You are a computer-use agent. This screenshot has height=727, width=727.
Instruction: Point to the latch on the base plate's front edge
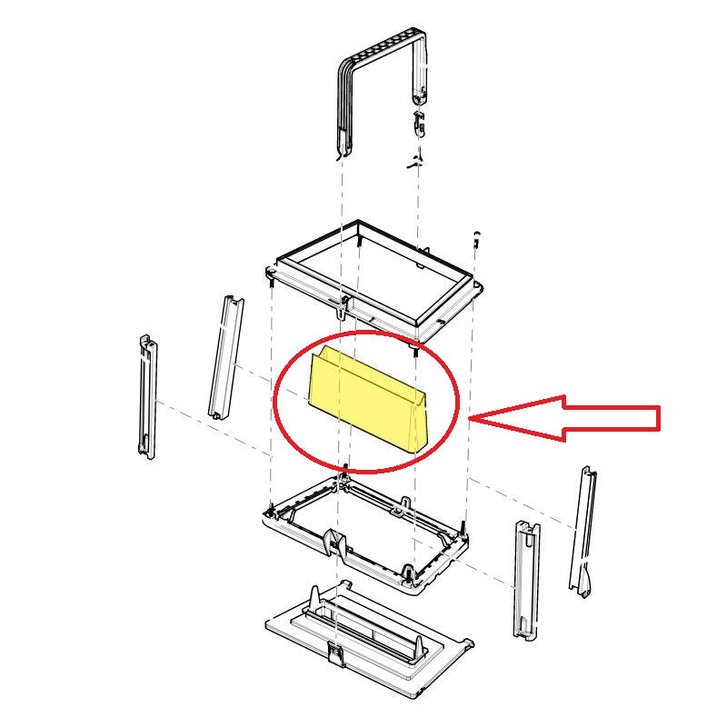point(335,652)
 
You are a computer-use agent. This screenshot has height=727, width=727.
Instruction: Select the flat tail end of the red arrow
point(656,418)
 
